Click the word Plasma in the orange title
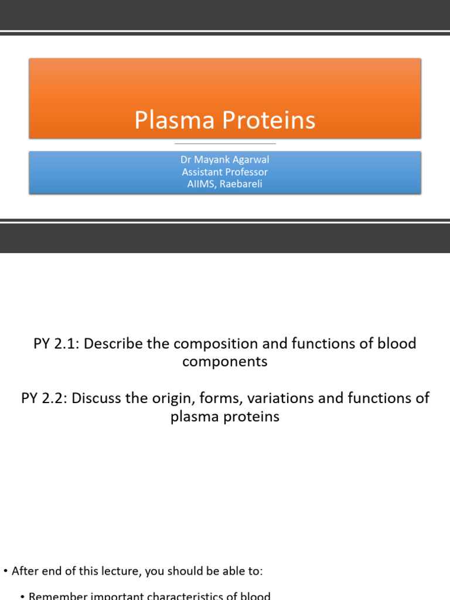[x=167, y=121]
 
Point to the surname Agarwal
[x=250, y=160]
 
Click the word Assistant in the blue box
[x=202, y=172]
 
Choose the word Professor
[x=246, y=172]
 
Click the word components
[x=225, y=362]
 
